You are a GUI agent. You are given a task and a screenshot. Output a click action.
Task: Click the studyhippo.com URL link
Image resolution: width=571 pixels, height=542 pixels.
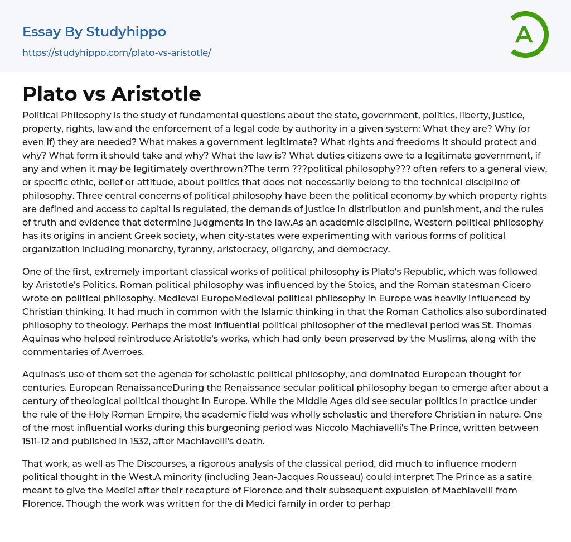(117, 52)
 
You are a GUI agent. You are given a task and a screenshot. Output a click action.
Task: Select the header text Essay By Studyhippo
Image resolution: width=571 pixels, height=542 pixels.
(94, 32)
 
